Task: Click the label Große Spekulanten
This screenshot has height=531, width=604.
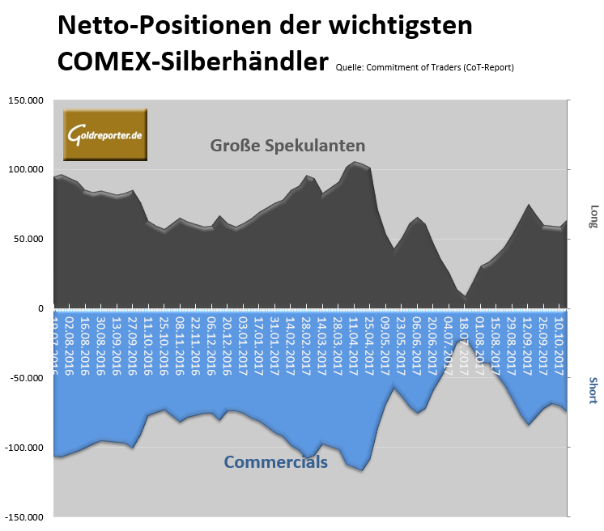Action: [287, 146]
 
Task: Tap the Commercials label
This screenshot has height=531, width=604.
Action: [275, 462]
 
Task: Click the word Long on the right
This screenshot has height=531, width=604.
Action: [593, 215]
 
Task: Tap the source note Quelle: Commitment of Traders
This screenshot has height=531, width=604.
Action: [423, 67]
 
